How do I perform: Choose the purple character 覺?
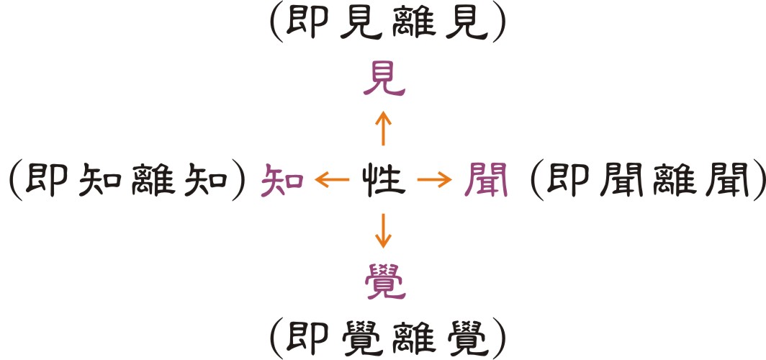pyautogui.click(x=383, y=281)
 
